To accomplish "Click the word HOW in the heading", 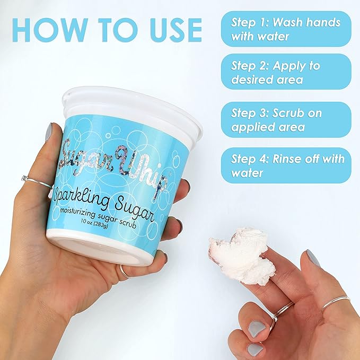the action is click(x=50, y=30).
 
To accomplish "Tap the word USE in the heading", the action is click(x=175, y=30).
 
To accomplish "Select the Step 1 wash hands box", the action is click(x=286, y=29).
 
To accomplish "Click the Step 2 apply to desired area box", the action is click(x=286, y=72).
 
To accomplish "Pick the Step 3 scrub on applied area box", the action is click(x=286, y=120).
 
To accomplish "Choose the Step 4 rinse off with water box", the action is click(x=286, y=165).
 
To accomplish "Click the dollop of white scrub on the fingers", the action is click(x=242, y=256).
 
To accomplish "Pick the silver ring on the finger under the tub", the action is click(x=125, y=272).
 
